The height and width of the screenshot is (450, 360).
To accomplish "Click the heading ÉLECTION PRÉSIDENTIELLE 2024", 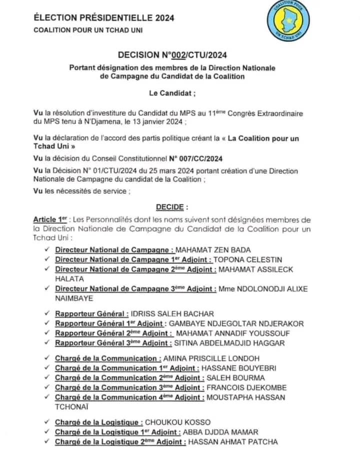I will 103,18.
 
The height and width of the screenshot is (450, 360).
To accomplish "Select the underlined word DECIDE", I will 172,207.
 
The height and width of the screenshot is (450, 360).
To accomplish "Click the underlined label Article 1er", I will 50,220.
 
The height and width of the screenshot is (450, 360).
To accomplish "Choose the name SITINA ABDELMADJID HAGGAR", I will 229,343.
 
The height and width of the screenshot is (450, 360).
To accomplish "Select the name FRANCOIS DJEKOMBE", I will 247,388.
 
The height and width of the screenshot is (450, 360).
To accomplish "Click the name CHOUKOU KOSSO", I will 180,423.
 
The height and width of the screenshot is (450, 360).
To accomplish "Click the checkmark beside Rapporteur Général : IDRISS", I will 46,314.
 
